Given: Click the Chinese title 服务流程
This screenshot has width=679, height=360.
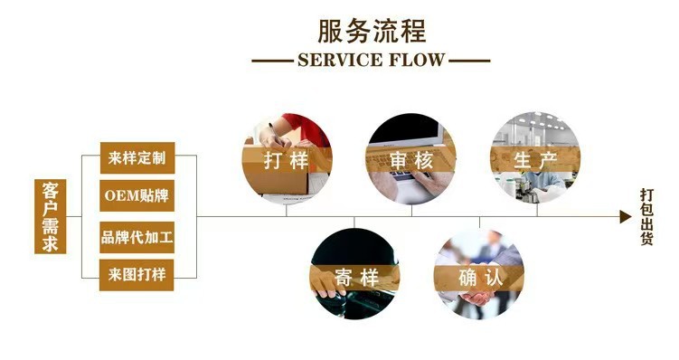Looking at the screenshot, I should (371, 31).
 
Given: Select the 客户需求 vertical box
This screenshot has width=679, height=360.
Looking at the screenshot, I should (50, 216).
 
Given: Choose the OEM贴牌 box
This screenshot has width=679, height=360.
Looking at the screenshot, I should (137, 195).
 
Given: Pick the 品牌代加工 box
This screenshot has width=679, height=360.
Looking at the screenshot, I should (137, 235).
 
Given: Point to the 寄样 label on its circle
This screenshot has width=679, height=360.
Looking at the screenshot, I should (355, 278).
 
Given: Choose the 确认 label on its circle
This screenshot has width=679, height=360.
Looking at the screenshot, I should (479, 278).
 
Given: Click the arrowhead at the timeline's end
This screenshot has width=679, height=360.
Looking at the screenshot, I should (625, 217).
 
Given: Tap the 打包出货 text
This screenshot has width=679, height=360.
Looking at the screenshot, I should (646, 217).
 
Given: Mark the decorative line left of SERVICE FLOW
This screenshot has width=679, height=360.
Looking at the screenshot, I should (271, 62).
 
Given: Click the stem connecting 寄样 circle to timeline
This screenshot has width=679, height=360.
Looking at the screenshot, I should (355, 223).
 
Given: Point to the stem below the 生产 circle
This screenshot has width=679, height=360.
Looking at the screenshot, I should (536, 210).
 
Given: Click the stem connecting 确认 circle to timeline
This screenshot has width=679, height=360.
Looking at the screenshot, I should (479, 223).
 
